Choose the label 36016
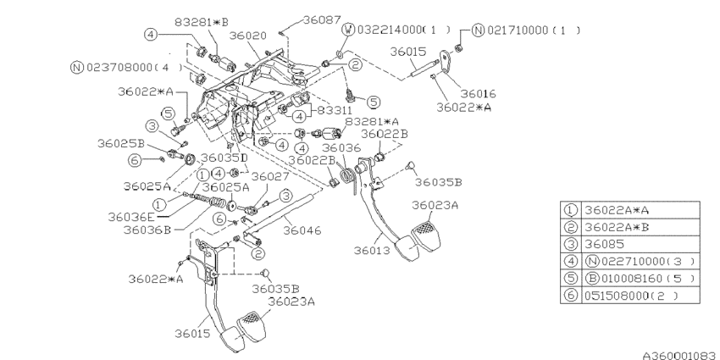[x=478, y=93]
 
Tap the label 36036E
[x=130, y=216]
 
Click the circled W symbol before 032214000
[x=348, y=29]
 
